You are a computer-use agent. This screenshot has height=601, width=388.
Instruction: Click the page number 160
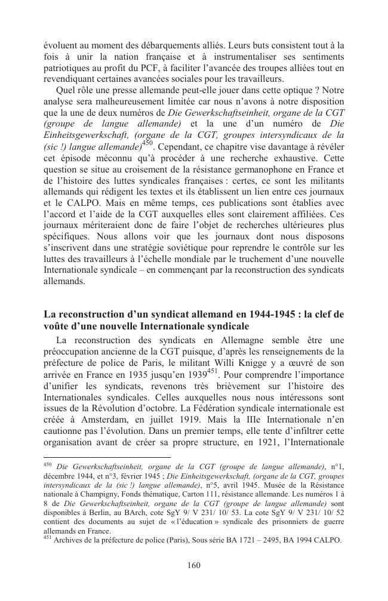[193, 566]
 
